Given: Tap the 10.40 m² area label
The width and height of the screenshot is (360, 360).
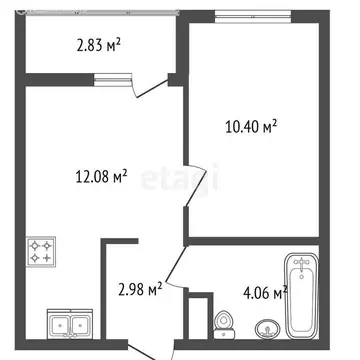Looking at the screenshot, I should click(x=249, y=126).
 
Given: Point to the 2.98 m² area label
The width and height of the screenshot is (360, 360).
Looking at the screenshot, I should click(x=140, y=290).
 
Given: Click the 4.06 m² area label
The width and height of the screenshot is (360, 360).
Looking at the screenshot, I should click(x=265, y=292).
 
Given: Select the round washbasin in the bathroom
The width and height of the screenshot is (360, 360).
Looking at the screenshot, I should click(x=267, y=328).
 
